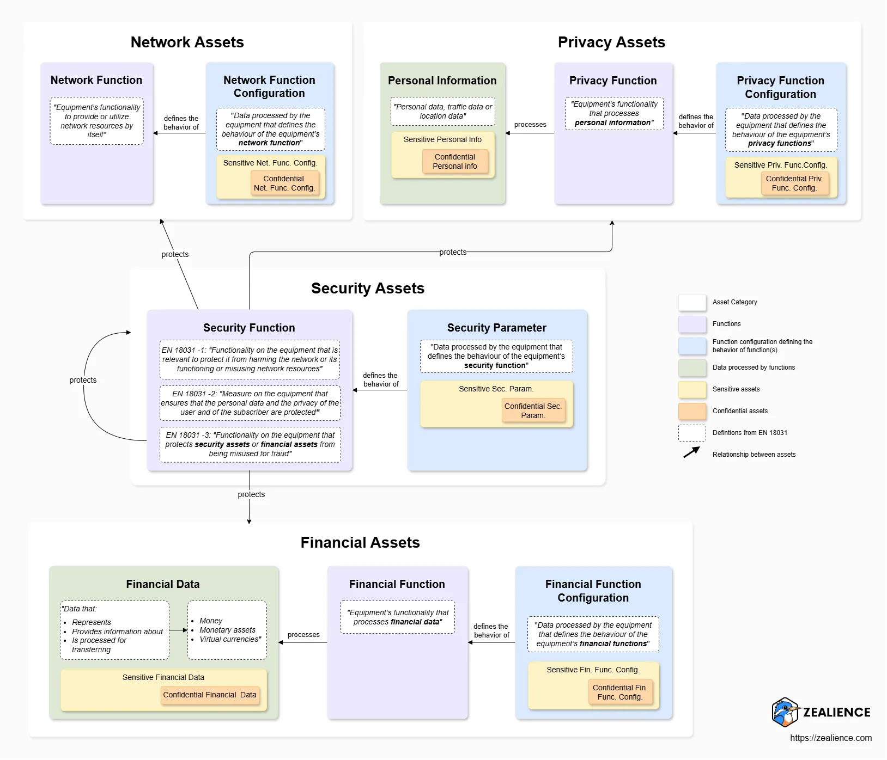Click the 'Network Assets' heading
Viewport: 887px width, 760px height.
tap(187, 42)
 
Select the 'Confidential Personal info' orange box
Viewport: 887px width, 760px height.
tap(455, 162)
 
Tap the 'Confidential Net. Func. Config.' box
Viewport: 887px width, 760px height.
tap(284, 183)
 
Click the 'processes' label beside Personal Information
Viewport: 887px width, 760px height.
tap(530, 125)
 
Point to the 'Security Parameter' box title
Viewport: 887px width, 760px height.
tap(496, 328)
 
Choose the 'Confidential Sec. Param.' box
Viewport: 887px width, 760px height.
tap(533, 410)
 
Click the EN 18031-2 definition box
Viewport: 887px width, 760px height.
tap(250, 403)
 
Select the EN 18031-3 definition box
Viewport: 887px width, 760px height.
tap(250, 444)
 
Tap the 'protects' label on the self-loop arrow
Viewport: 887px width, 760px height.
tap(83, 380)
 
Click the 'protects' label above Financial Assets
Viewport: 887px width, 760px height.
tap(251, 494)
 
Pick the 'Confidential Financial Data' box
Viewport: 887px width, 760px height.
tap(210, 695)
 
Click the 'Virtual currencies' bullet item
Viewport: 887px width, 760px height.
tap(230, 639)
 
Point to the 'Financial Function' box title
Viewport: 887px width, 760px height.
tap(397, 584)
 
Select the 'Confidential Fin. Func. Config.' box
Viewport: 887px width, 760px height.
tap(620, 692)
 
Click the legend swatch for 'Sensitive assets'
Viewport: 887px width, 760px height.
tap(692, 389)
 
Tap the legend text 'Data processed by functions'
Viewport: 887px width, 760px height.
tap(754, 367)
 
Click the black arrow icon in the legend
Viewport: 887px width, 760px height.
tap(691, 452)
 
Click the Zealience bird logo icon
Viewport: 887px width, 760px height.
tap(785, 712)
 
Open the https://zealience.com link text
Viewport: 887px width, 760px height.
tap(830, 738)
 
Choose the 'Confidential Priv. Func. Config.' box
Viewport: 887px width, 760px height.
tap(794, 183)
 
